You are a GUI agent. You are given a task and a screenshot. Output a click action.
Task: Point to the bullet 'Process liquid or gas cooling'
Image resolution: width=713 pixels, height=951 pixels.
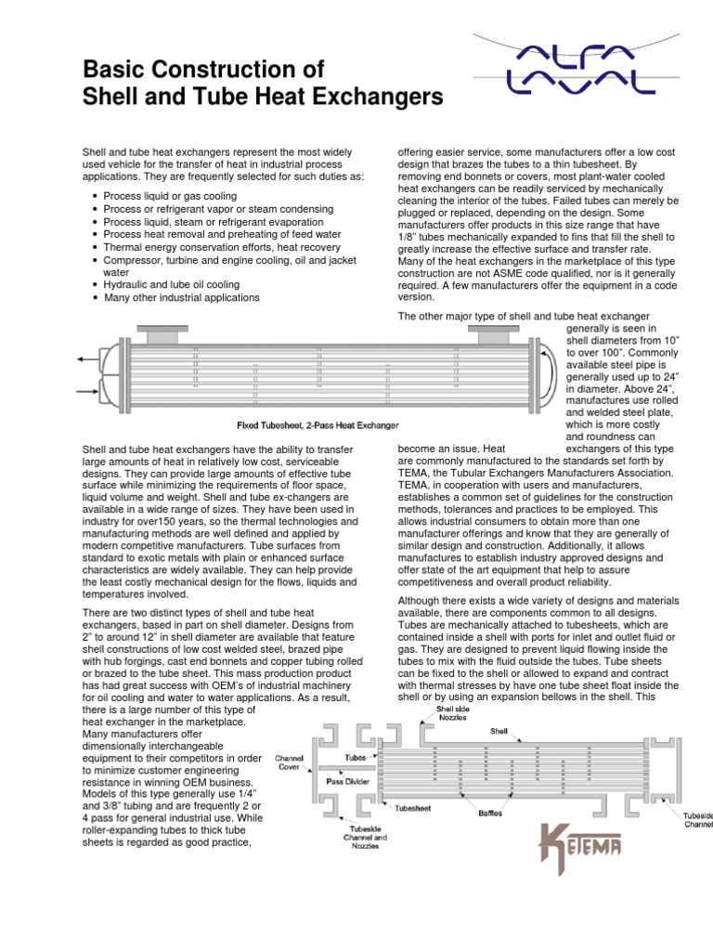[170, 196]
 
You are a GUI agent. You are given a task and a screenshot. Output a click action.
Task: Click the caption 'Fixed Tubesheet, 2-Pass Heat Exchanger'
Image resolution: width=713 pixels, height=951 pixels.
[318, 425]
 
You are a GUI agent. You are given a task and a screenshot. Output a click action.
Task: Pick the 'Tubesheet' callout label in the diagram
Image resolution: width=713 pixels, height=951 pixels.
[409, 807]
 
